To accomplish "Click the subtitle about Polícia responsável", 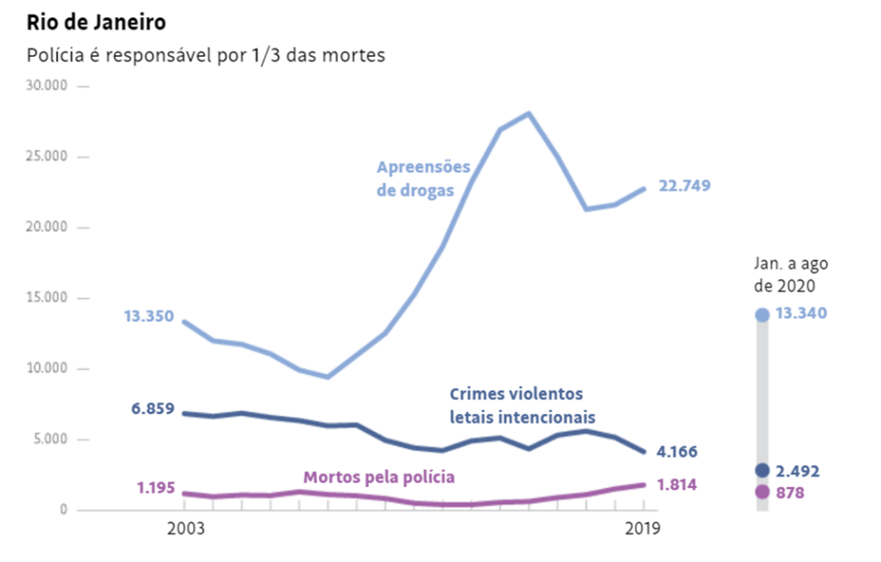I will pos(206,55).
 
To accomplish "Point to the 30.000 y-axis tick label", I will pos(47,86).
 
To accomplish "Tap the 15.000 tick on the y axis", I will pos(47,298).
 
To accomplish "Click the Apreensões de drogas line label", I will pos(424,178).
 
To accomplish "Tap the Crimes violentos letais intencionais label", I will pos(523,405).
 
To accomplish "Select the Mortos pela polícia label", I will pos(379,476).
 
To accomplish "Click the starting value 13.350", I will pos(148,316).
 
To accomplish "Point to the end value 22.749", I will pos(685,186).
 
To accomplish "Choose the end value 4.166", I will pos(678,452).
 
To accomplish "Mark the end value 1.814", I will pos(678,485).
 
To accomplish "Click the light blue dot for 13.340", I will pos(761,315).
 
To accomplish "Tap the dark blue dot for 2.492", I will pos(761,471).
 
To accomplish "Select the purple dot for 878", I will pos(761,492).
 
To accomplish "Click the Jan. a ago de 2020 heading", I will pos(791,275).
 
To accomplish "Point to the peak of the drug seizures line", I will pos(529,113).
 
